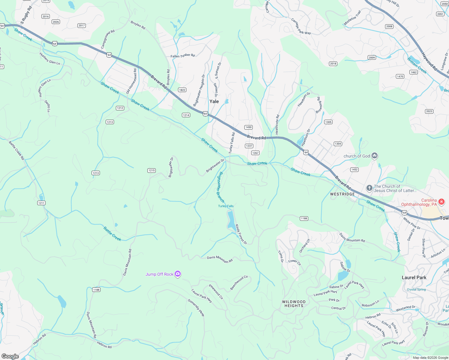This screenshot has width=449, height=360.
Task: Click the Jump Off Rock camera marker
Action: click(178, 274)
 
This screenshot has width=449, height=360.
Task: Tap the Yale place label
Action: click(214, 101)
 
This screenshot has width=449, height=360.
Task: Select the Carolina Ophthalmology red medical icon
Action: click(441, 202)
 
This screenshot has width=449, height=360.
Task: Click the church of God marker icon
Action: click(374, 156)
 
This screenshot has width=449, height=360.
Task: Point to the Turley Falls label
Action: click(226, 206)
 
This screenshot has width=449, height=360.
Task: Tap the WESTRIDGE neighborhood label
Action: click(342, 194)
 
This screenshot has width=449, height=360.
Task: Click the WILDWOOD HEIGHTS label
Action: click(294, 304)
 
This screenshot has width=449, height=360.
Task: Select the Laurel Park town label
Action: click(414, 277)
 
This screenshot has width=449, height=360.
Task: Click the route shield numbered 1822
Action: click(182, 90)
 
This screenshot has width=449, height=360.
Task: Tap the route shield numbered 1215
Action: click(152, 170)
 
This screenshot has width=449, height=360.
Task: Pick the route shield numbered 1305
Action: click(328, 122)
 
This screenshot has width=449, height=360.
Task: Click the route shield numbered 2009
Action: click(372, 58)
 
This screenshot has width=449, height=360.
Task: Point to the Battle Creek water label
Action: click(112, 234)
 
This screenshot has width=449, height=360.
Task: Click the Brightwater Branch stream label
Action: click(220, 187)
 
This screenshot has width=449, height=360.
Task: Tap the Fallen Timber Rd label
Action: click(182, 56)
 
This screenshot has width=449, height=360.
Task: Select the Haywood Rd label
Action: click(429, 61)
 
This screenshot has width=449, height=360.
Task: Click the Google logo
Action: click(10, 356)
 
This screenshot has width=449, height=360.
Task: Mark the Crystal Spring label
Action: click(416, 289)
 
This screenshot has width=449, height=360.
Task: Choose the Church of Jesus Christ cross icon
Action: click(369, 188)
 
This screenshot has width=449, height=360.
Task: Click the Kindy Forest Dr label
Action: click(241, 234)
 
